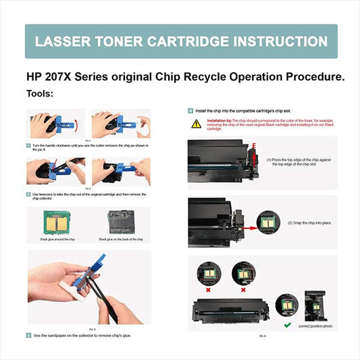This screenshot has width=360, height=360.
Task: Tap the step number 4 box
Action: tap(190, 109)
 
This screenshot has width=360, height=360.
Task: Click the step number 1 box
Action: tap(28, 145)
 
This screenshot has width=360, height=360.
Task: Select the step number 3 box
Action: tap(28, 335)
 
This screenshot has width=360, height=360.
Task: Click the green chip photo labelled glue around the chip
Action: tap(56, 222)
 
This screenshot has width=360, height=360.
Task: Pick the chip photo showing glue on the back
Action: tap(122, 222)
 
